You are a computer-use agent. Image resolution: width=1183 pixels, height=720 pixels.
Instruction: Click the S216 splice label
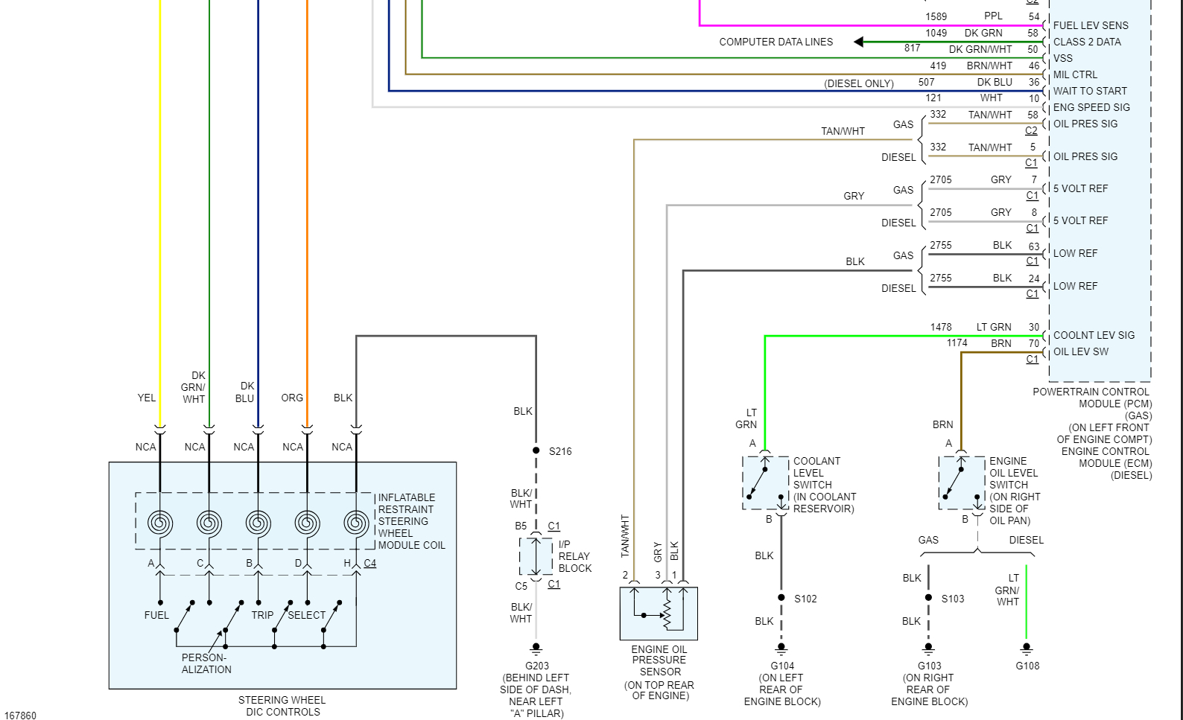point(560,451)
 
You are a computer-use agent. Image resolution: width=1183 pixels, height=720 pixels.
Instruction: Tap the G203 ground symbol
point(536,649)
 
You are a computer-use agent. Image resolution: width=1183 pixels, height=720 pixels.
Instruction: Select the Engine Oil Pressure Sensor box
point(659,614)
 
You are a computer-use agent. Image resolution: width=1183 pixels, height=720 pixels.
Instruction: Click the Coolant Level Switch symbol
point(765,483)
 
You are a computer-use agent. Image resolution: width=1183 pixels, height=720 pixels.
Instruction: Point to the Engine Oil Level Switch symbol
point(962,483)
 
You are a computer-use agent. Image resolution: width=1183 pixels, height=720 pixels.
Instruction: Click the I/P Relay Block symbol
point(536,556)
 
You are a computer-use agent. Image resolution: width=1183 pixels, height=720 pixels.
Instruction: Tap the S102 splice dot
point(781,598)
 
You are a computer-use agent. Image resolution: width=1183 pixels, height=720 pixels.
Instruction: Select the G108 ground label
point(1027,666)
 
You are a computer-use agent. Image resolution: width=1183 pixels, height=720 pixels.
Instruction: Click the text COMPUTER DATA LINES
point(776,42)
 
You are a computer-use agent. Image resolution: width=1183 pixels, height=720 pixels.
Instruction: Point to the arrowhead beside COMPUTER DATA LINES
point(859,42)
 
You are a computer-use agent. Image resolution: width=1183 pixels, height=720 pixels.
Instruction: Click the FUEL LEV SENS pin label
point(1091,25)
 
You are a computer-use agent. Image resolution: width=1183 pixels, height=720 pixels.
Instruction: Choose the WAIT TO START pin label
point(1090,91)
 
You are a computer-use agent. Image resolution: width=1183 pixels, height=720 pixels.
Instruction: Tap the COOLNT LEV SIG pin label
point(1094,335)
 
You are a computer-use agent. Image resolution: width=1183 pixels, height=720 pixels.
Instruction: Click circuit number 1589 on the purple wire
point(936,16)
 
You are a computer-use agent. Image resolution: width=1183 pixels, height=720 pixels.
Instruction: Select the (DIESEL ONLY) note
point(859,83)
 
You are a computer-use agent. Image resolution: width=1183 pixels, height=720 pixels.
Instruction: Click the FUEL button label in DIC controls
point(156,615)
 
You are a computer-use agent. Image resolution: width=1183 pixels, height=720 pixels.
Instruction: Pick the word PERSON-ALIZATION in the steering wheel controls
point(206,663)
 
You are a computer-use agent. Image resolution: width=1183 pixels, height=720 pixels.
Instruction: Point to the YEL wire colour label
point(147,398)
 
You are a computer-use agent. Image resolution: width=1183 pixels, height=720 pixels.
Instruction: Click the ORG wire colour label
point(292,398)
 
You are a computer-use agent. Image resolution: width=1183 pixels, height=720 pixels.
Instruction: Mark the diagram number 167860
point(20,716)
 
